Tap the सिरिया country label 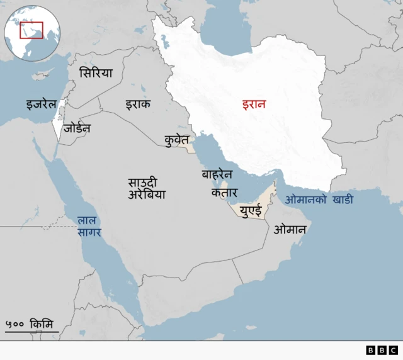96,73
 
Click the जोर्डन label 77,128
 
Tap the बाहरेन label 217,174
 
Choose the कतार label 224,193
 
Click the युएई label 250,211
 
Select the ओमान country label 290,230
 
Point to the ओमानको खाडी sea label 319,200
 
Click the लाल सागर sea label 89,227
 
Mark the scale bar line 31,332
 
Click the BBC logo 382,350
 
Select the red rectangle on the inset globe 31,30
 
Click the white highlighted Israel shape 59,127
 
